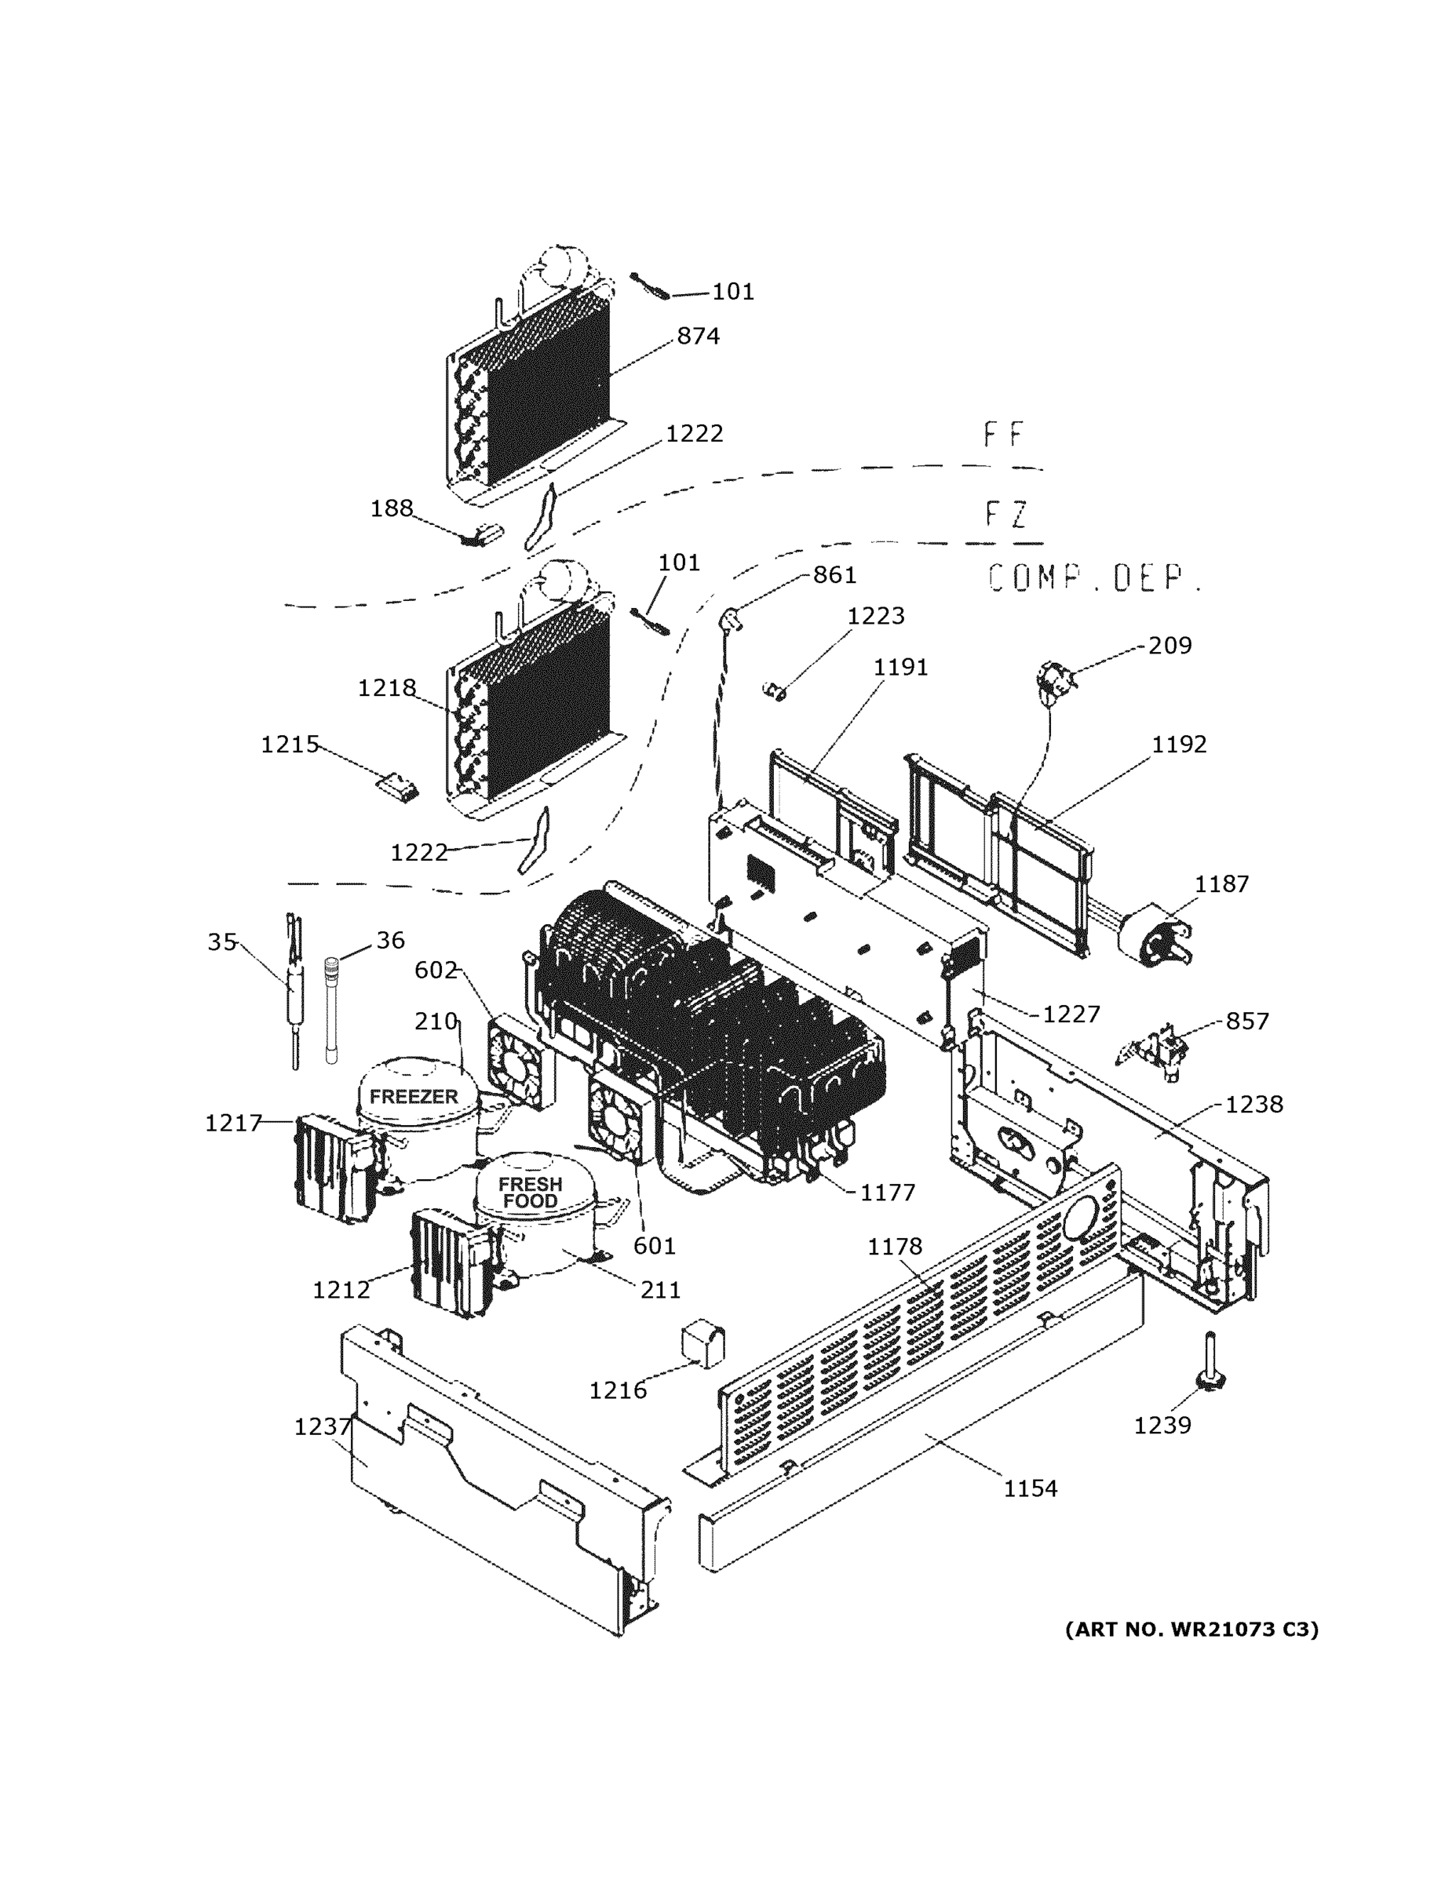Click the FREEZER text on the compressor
point(413,1097)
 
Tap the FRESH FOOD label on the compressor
point(530,1193)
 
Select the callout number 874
point(698,337)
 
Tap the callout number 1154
point(1030,1488)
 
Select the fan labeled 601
point(616,1119)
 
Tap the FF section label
point(1003,435)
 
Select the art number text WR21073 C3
point(1191,1630)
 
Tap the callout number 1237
point(323,1427)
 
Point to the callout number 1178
point(895,1247)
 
